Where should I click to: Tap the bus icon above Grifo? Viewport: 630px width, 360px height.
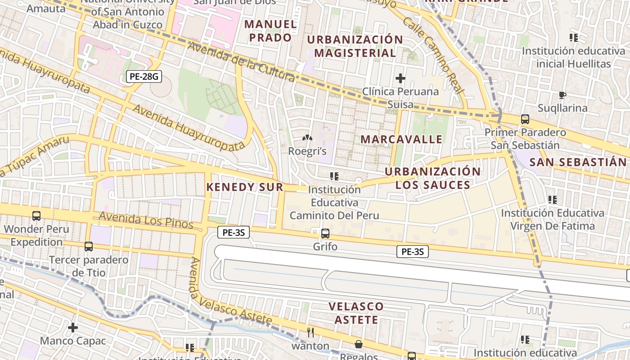coord(325,234)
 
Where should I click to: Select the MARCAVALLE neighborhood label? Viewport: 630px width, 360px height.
coord(401,139)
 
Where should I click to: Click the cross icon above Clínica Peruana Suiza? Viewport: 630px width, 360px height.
coord(400,78)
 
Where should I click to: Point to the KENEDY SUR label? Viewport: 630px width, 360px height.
coord(245,187)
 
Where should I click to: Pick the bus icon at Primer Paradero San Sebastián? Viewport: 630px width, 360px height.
coord(525,119)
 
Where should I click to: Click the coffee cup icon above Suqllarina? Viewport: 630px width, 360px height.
coord(562,95)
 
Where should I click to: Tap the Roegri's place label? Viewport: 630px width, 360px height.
coord(307,151)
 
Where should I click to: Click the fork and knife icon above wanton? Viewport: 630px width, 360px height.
coord(310,333)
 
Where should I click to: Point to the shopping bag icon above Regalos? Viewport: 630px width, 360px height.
coord(359,344)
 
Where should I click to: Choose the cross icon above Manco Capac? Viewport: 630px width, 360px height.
coord(72,327)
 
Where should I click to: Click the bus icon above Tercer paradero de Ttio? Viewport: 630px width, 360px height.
coord(89,247)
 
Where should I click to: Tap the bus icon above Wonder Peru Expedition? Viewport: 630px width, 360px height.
coord(36,216)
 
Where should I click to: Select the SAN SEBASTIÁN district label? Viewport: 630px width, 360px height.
coord(578,162)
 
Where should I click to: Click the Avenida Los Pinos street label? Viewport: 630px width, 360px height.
coord(146,220)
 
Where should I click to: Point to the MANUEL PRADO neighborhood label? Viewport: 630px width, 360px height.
coord(270,31)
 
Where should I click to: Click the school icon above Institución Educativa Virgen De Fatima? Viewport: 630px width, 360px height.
coord(553,199)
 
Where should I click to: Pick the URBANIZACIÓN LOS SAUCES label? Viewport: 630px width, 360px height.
coord(432,178)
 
